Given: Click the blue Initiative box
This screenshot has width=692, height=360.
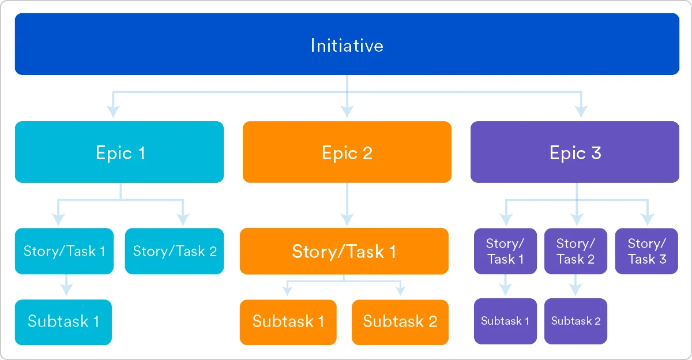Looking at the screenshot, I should tap(347, 44).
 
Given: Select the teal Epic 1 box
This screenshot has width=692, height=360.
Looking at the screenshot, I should tap(119, 152).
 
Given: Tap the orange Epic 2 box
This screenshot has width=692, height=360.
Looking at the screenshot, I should tap(347, 152).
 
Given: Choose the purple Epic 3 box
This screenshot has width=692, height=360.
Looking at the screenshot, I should tap(574, 152).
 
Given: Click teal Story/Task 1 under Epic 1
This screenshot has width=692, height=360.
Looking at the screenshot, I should tap(64, 251).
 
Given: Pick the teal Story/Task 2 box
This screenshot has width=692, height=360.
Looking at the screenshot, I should tap(174, 251).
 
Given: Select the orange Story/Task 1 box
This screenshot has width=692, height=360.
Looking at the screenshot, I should tap(344, 251).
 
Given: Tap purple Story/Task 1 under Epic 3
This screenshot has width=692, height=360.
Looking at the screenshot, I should tap(505, 251).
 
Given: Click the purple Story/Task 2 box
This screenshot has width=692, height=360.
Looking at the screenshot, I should tap(575, 251).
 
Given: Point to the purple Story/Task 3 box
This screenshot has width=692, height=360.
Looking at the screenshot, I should tap(646, 251).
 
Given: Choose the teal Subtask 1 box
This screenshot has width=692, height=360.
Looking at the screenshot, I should tap(63, 321).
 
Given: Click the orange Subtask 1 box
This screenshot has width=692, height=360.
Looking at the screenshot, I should tap(288, 321).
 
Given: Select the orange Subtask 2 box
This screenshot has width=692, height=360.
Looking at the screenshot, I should tap(400, 321).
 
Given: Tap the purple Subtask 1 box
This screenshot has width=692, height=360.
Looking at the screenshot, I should tap(505, 321).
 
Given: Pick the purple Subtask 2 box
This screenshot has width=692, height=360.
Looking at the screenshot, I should tap(576, 321).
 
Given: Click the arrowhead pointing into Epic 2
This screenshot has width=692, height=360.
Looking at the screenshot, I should tap(347, 110).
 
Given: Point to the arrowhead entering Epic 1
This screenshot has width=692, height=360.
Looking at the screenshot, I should tap(113, 110).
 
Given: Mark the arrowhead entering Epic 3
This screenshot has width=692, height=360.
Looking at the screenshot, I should tap(581, 110).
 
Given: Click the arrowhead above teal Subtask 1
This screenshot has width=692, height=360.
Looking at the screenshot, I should tap(66, 288).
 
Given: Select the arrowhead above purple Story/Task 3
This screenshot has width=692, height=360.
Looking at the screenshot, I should tap(647, 219).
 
